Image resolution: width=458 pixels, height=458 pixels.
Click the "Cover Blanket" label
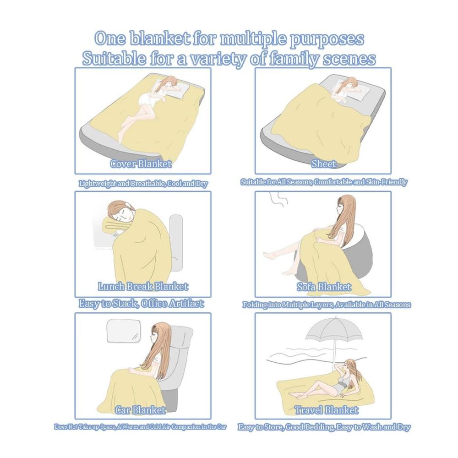(141, 164)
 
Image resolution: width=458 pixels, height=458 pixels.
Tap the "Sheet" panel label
(323, 164)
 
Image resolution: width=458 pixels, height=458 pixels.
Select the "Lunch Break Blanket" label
(143, 287)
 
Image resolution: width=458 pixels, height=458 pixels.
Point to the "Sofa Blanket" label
(324, 287)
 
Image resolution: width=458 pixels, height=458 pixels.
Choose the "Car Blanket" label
(140, 410)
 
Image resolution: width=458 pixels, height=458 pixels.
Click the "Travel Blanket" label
(326, 410)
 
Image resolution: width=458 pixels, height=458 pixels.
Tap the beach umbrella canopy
(334, 329)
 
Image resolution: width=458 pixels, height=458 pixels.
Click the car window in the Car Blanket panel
(124, 331)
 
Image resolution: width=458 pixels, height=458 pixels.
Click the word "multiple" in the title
(253, 38)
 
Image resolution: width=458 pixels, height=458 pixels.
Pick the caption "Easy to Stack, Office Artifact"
(141, 304)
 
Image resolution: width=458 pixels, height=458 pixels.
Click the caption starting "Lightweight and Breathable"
(143, 184)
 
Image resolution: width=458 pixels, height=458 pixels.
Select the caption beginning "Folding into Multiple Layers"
(327, 305)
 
